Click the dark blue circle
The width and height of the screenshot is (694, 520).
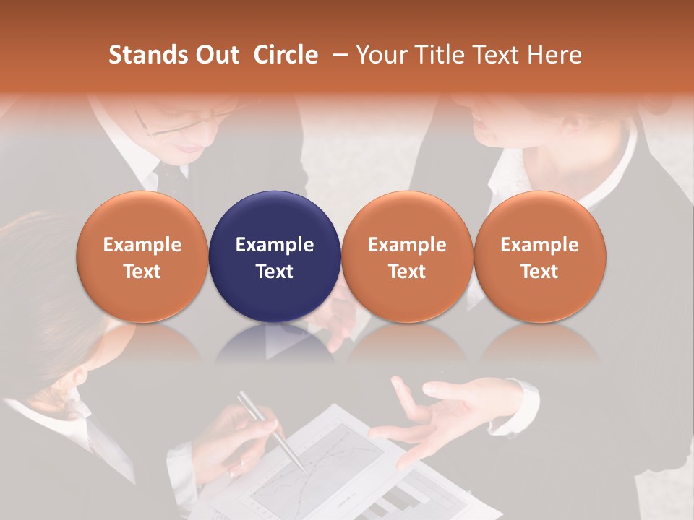click(x=275, y=256)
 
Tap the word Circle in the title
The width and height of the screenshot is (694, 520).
click(x=286, y=55)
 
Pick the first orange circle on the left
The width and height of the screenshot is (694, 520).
click(x=142, y=256)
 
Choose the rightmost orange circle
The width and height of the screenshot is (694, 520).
click(x=539, y=256)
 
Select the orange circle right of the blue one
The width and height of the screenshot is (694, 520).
click(x=407, y=256)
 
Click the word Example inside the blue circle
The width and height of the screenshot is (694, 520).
click(x=275, y=245)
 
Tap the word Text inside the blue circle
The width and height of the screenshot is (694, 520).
click(x=275, y=272)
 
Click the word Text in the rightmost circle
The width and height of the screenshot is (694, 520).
click(x=539, y=272)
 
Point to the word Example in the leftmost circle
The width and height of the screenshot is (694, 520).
click(x=142, y=245)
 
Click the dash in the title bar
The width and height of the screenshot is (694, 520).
click(x=337, y=55)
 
